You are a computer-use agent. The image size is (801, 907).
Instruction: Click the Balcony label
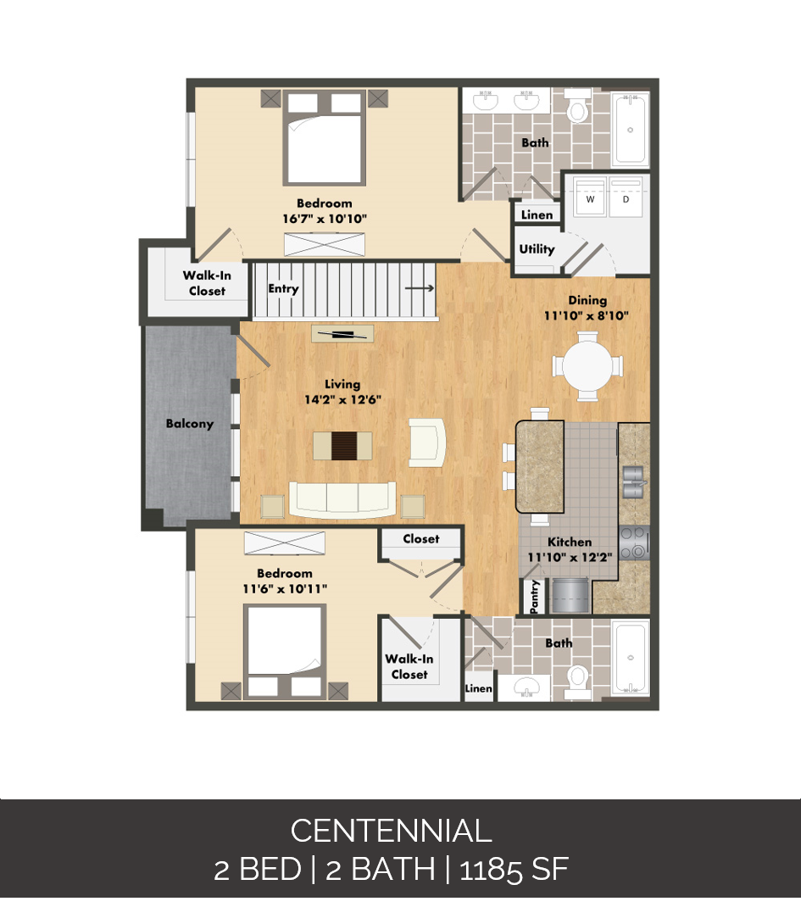[189, 424]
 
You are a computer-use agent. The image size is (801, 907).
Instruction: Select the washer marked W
[590, 200]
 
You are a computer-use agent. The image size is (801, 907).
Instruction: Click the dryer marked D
[626, 200]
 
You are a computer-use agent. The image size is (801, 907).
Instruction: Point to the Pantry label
[535, 597]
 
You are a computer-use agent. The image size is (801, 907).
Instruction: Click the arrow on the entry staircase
[415, 288]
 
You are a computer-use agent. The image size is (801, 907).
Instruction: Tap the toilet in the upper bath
[578, 109]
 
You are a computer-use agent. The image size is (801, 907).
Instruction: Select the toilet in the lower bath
[577, 676]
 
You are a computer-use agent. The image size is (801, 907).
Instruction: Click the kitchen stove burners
[633, 543]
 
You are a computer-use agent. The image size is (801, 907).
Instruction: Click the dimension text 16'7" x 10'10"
[325, 219]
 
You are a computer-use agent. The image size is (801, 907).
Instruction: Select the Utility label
[537, 249]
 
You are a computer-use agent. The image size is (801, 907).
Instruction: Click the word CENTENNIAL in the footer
[391, 831]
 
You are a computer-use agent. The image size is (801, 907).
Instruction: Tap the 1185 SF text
[514, 870]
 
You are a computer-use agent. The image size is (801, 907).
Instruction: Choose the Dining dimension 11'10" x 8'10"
[587, 315]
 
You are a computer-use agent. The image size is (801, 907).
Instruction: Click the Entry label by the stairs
[283, 289]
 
